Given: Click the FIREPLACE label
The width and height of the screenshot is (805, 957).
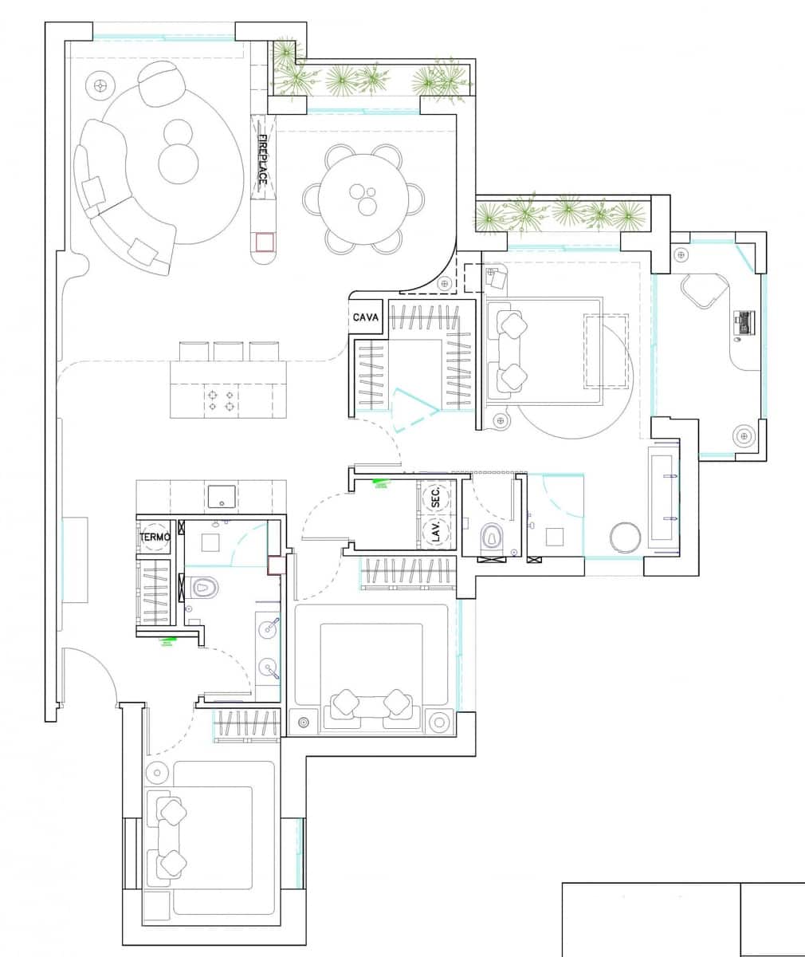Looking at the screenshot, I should click(261, 160).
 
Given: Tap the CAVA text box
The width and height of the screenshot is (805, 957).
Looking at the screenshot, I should click(365, 317).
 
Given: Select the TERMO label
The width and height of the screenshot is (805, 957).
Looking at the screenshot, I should click(155, 538).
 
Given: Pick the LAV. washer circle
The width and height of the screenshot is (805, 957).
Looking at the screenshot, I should click(435, 532).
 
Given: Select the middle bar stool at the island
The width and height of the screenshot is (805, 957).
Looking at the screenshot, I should click(227, 351).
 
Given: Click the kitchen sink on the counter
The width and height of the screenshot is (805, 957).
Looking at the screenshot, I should click(220, 495).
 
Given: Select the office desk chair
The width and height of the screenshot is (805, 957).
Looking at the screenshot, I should click(704, 289).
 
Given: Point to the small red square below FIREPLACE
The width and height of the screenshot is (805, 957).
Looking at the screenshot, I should click(265, 242).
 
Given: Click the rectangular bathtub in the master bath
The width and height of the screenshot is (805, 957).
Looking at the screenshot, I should click(664, 502).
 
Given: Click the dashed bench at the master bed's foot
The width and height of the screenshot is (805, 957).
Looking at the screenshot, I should click(607, 351).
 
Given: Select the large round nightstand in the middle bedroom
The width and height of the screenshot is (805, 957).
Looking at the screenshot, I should click(438, 722).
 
